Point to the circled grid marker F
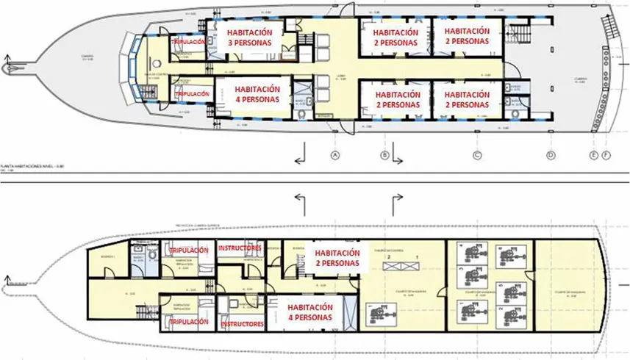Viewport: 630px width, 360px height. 606,156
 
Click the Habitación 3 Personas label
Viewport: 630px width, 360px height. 249,37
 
